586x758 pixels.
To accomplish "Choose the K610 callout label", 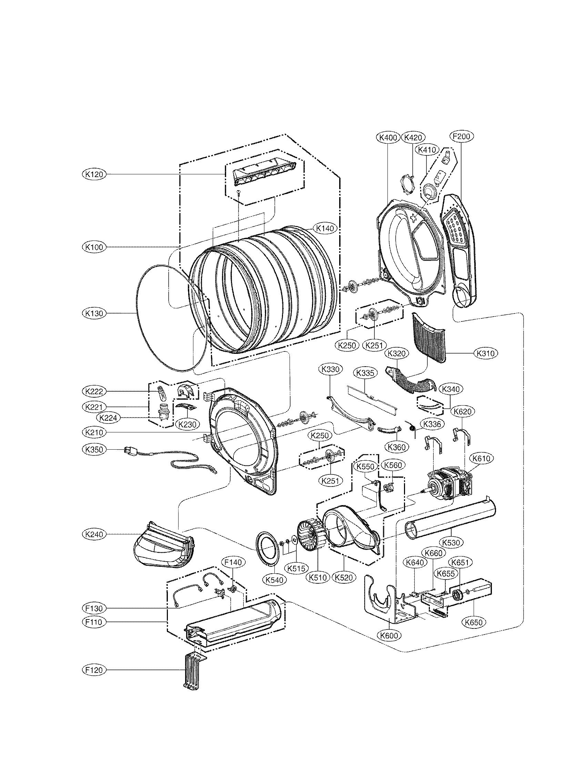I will tap(481, 459).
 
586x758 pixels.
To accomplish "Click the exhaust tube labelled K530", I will tap(451, 520).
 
